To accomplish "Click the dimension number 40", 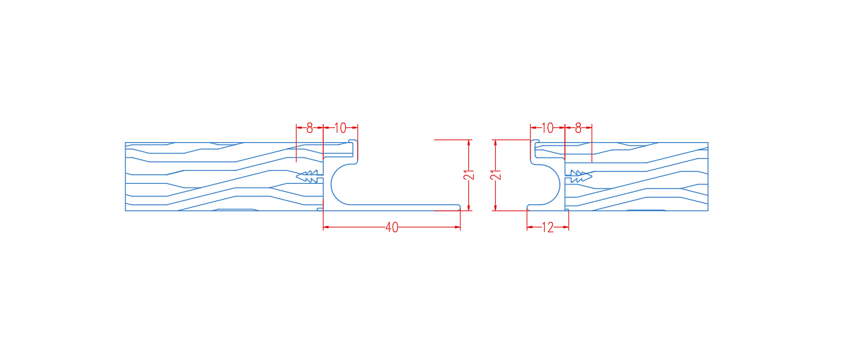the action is tap(392, 227).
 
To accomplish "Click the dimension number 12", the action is tap(547, 227).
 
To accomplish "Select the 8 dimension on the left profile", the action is tap(310, 128).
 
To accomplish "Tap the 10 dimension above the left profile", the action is tap(340, 128).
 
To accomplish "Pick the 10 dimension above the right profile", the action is tap(547, 128).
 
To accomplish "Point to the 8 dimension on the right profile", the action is tap(578, 128).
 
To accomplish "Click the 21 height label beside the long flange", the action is tap(469, 175).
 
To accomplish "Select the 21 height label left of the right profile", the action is tap(496, 175).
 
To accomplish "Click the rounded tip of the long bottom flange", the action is tap(459, 207).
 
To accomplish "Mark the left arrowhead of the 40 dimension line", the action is tap(326, 227).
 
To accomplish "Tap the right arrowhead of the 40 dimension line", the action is tap(458, 227).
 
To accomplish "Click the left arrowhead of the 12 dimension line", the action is tap(530, 227).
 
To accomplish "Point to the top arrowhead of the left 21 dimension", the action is tap(469, 143).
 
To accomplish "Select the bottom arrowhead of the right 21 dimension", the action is tap(495, 207).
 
